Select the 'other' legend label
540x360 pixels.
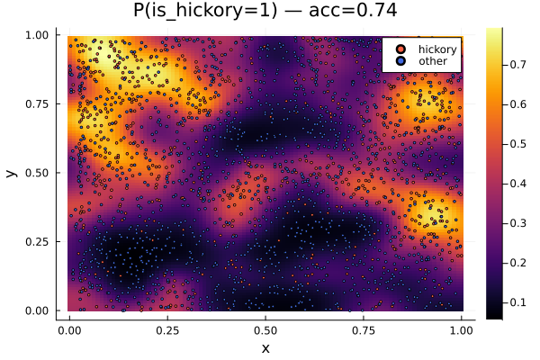434,61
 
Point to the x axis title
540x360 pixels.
265,347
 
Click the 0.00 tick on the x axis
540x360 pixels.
68,329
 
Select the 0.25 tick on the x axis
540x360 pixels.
166,329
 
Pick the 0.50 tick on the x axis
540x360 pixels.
265,329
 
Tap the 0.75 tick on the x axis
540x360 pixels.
363,329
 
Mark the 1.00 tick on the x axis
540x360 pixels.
461,329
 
